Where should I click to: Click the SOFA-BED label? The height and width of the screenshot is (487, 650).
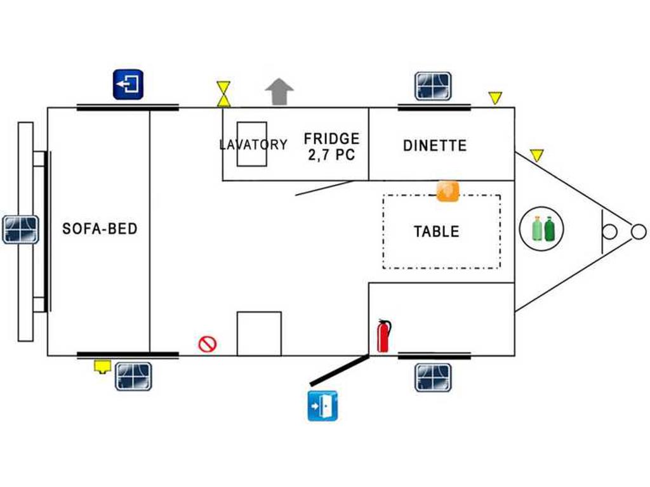(100, 228)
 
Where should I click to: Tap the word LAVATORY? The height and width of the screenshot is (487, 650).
(253, 145)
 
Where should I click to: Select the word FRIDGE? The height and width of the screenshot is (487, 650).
(331, 138)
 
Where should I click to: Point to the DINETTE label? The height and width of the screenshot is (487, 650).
(435, 145)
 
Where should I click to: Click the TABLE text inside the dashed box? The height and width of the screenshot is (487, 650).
(437, 231)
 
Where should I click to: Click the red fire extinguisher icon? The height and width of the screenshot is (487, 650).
(384, 336)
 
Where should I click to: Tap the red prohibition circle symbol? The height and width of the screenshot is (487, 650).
(208, 344)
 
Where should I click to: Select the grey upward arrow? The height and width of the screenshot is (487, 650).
(279, 91)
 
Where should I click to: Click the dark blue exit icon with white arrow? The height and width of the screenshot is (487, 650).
(128, 84)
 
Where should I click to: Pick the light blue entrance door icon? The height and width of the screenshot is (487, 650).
(322, 406)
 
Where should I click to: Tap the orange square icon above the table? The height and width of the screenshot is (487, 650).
(448, 192)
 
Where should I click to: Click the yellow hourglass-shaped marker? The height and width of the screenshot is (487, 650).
(223, 94)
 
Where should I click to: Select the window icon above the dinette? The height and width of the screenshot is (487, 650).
(433, 86)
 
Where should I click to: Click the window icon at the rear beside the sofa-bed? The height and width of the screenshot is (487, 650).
(21, 230)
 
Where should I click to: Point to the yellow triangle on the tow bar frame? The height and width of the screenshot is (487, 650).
(537, 155)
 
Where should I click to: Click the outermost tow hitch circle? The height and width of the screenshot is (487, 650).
(639, 231)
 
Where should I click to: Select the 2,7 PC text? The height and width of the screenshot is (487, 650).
(331, 155)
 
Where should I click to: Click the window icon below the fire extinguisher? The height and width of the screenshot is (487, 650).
(433, 377)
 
